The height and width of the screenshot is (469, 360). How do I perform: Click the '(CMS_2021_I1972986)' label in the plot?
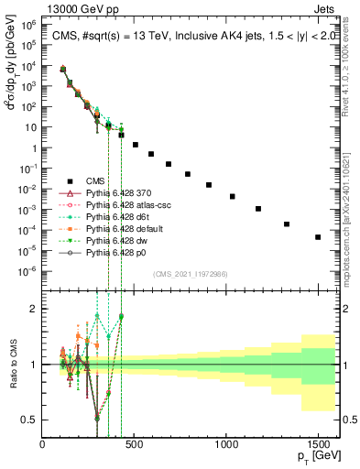(189, 273)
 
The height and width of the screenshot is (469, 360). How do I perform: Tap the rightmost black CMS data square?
(318, 237)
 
